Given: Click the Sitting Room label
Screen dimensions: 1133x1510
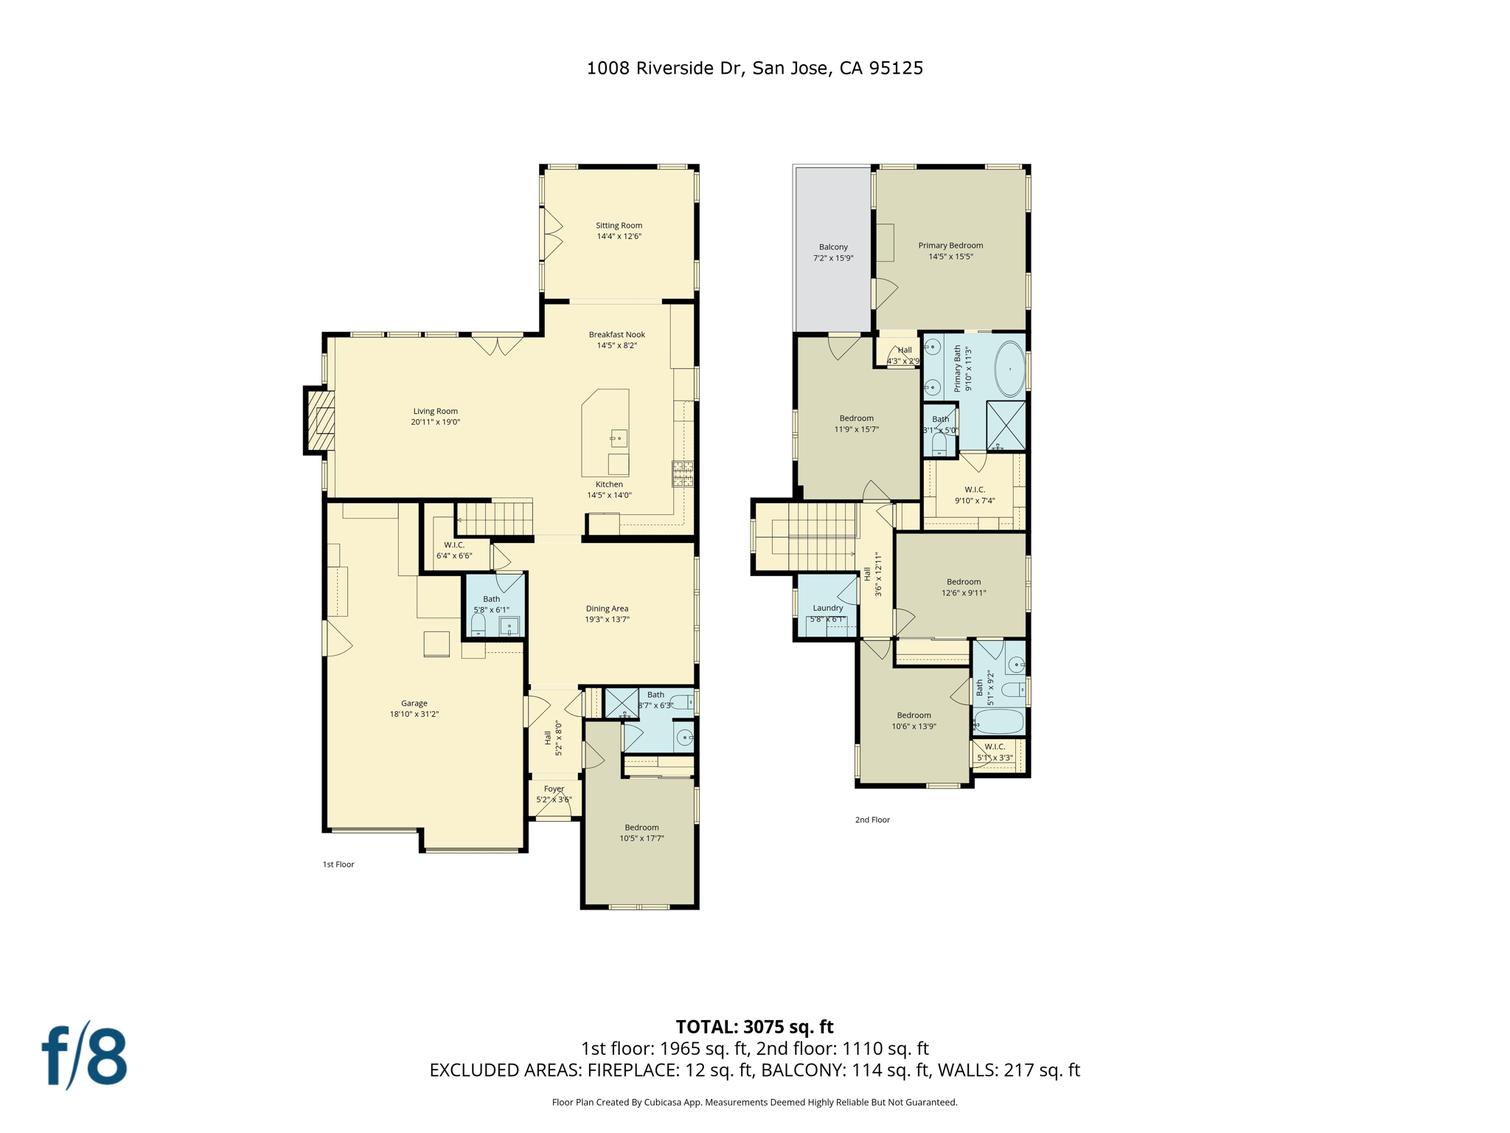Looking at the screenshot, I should (x=619, y=226).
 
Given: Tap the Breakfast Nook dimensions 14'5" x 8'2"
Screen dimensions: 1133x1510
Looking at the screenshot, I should (x=617, y=345).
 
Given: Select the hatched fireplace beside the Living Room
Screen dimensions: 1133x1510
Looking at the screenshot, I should (x=321, y=420).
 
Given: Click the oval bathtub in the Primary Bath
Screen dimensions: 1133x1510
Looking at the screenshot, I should (x=1009, y=369).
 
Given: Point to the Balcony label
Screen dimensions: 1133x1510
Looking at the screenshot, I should (x=833, y=247).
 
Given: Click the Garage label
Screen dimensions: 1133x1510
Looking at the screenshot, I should (x=414, y=703).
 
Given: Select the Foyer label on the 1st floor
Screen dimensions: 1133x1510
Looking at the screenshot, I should (x=554, y=789).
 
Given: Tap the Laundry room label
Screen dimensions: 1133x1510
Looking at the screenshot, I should (x=827, y=608).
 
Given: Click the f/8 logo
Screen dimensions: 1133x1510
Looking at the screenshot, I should (x=84, y=1056).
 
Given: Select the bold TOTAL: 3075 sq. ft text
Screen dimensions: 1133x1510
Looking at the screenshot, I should (x=754, y=1026).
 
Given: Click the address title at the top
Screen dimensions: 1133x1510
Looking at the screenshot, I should (x=754, y=68).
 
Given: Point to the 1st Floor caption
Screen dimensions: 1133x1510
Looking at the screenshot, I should (x=338, y=864).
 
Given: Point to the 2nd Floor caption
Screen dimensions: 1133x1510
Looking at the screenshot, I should (x=872, y=820).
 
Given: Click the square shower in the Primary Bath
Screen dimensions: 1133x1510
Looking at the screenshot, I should (x=1006, y=425).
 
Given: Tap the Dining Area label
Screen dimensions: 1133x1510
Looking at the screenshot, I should (x=607, y=609).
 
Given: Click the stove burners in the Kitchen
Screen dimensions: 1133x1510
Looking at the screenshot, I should (x=682, y=474).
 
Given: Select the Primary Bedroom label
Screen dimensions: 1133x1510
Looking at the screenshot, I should (x=950, y=246).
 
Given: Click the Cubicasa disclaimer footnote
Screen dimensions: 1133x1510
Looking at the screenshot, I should (x=754, y=1102).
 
